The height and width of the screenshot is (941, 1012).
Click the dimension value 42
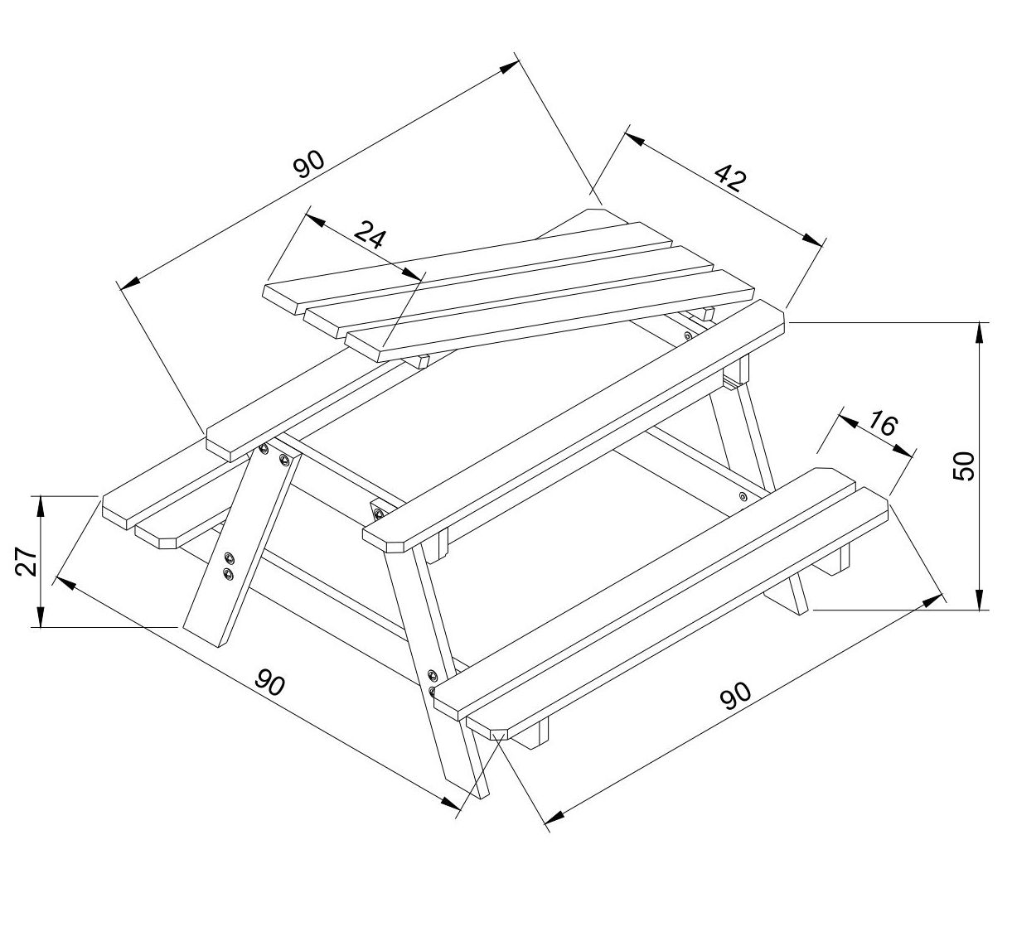click(729, 176)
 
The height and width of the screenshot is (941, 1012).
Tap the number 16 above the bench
click(882, 422)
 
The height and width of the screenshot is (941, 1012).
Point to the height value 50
click(964, 466)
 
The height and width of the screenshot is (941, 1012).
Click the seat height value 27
click(26, 561)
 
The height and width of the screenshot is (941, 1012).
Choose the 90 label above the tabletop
click(309, 163)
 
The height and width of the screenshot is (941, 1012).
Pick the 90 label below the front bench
click(736, 696)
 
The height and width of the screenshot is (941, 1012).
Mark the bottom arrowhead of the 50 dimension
click(979, 597)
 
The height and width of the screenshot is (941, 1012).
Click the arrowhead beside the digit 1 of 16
click(849, 422)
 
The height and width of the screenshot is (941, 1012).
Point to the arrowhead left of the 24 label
click(316, 221)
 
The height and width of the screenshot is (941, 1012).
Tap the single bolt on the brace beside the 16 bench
click(743, 495)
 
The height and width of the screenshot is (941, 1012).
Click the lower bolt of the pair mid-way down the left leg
click(228, 575)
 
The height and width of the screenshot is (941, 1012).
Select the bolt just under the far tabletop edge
click(688, 335)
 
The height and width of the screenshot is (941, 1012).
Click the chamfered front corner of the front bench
click(498, 734)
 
